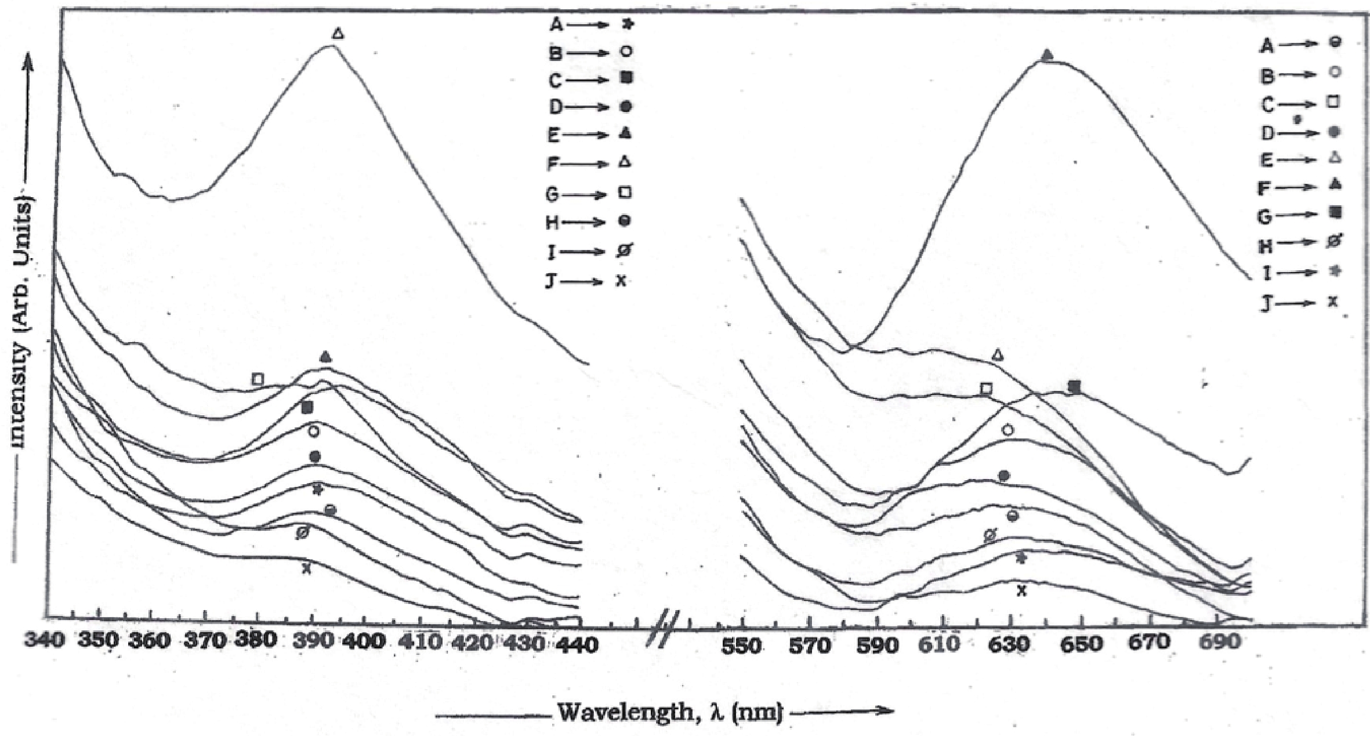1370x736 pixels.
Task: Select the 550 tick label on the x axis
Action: pyautogui.click(x=741, y=646)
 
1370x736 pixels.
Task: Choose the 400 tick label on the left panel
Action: pyautogui.click(x=366, y=641)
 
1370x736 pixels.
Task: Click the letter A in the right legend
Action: pyautogui.click(x=1267, y=45)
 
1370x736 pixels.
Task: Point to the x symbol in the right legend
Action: pyautogui.click(x=1333, y=302)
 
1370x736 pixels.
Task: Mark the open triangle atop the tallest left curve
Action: pyautogui.click(x=338, y=34)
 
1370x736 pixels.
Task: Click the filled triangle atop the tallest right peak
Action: pyautogui.click(x=1047, y=56)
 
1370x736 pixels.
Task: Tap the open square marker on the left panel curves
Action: pyautogui.click(x=258, y=379)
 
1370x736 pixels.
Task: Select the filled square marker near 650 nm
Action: pyautogui.click(x=1074, y=386)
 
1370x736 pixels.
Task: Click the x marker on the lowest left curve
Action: pyautogui.click(x=306, y=569)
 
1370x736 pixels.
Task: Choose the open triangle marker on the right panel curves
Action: pyautogui.click(x=998, y=354)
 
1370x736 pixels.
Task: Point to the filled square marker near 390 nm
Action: pyautogui.click(x=307, y=408)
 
